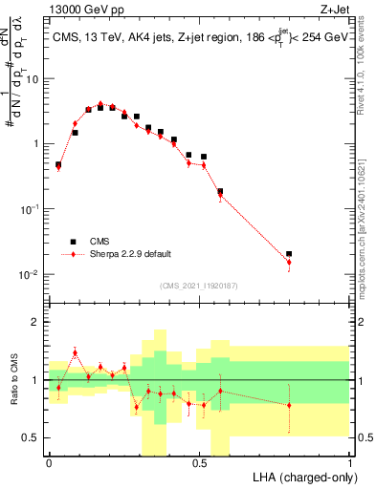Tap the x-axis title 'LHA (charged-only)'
coord(300,476)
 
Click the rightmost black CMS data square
coord(289,254)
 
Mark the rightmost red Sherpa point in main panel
coord(289,263)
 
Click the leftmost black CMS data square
coord(58,164)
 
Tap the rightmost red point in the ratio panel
coord(289,405)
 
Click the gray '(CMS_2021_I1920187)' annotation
coord(199,286)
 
